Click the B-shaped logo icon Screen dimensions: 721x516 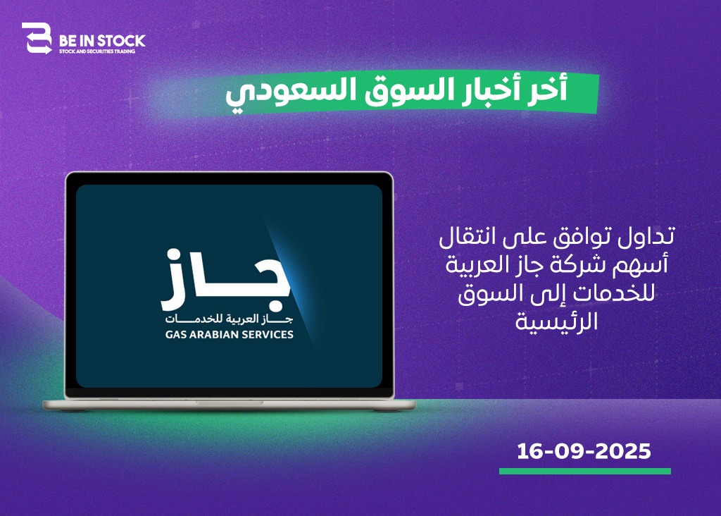(x=37, y=38)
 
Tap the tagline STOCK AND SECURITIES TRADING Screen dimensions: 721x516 (x=97, y=51)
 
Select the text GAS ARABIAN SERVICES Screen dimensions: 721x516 (x=230, y=335)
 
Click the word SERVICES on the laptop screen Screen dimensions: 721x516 (x=268, y=335)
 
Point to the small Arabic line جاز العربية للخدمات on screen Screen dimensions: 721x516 (x=229, y=319)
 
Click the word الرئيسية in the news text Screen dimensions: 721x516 (x=556, y=321)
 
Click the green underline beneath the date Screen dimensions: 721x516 (x=585, y=472)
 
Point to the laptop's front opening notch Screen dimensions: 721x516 (x=229, y=403)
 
